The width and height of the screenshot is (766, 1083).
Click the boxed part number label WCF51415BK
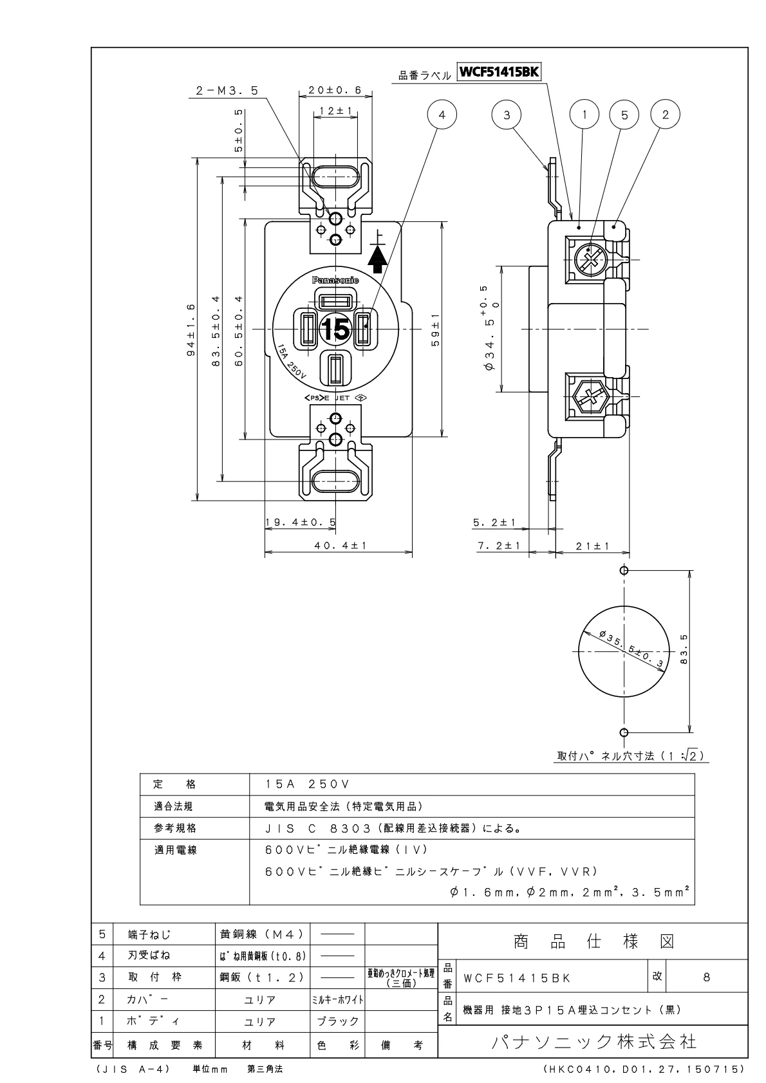[x=498, y=73]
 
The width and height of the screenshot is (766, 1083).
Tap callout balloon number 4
[x=442, y=115]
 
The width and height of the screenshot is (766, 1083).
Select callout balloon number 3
[x=507, y=115]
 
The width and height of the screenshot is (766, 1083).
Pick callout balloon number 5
[x=624, y=115]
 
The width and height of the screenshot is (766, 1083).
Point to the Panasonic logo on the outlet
[x=335, y=280]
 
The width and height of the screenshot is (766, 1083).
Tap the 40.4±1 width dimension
[x=340, y=545]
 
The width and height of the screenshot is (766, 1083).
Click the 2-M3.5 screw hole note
[x=227, y=92]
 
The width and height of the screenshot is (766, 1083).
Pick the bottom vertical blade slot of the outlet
[x=335, y=371]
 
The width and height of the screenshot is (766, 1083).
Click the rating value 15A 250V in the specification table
[x=306, y=784]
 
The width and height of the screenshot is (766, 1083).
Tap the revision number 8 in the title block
[x=706, y=977]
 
